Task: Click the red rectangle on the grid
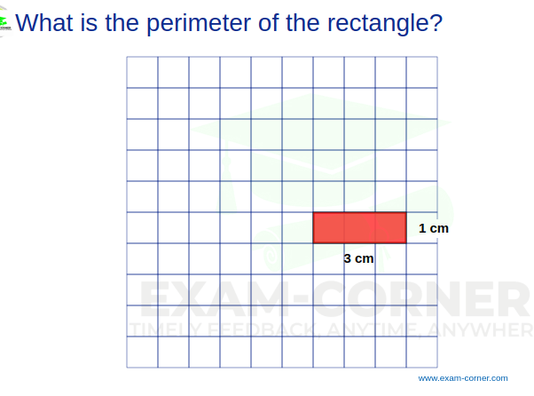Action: [359, 227]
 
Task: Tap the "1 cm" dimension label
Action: [434, 228]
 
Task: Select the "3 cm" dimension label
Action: [358, 258]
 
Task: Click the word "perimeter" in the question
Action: [185, 21]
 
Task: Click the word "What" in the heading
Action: [44, 21]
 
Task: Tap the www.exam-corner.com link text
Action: [463, 378]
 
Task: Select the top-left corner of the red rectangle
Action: [313, 213]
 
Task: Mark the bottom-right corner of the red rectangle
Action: [406, 242]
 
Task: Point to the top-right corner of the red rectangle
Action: [406, 213]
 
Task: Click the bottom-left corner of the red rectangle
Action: [313, 242]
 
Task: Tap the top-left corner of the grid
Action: [127, 57]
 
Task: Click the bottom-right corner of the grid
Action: [437, 367]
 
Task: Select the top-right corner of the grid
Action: [437, 57]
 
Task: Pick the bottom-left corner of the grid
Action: [127, 367]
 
